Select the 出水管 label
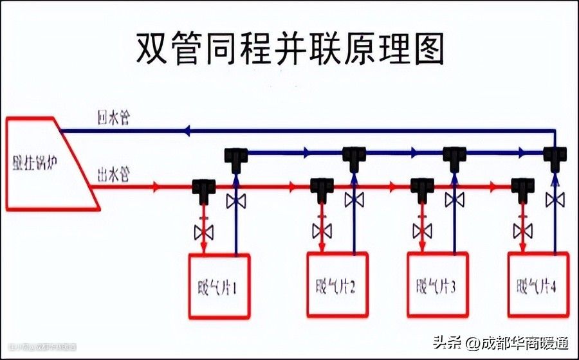tap(113, 175)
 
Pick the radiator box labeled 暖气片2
tap(336, 286)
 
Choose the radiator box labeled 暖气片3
tap(437, 286)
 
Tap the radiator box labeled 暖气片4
tap(538, 286)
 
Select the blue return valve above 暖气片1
tap(235, 201)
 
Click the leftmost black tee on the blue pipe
tap(236, 155)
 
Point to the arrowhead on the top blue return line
tap(186, 130)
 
